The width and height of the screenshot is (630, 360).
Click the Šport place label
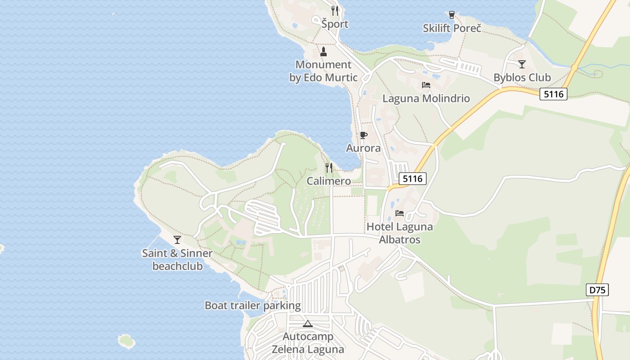click(x=335, y=24)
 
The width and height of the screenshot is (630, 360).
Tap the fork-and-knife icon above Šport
click(x=334, y=10)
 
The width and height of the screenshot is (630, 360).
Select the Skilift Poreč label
click(x=452, y=28)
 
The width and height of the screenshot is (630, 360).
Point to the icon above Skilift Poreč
click(x=452, y=15)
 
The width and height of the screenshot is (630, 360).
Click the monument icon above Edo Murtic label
click(x=323, y=52)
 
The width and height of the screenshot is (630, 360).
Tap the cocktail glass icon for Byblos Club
click(x=522, y=64)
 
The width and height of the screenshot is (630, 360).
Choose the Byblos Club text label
click(x=522, y=77)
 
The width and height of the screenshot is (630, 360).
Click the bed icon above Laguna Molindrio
click(x=426, y=85)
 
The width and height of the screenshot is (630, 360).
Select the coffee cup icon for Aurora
click(x=363, y=135)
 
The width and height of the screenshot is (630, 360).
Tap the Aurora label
click(x=363, y=148)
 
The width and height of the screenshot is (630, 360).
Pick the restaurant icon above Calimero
click(x=329, y=168)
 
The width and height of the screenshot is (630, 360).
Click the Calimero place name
click(x=329, y=181)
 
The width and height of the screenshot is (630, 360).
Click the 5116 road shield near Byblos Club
click(x=553, y=94)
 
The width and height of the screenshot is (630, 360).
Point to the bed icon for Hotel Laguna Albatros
click(x=400, y=213)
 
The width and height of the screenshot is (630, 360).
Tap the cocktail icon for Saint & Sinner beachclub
click(x=177, y=240)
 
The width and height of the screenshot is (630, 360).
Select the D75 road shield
click(x=598, y=290)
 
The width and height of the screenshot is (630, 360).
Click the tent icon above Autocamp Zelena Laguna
click(x=307, y=324)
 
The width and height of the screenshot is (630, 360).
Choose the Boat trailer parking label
click(x=252, y=306)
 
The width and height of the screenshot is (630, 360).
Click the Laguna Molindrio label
click(x=426, y=99)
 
